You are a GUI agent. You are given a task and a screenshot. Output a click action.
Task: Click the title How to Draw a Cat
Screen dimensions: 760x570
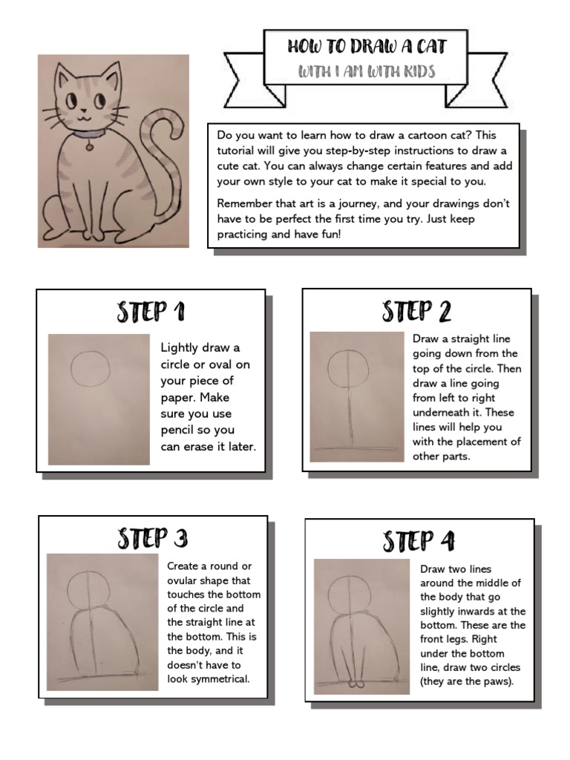[367, 47]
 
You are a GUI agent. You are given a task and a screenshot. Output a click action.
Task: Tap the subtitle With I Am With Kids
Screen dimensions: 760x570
[367, 72]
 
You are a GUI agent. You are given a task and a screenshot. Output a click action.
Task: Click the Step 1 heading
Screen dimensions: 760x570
[151, 312]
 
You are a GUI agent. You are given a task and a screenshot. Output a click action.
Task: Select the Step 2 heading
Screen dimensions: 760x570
[416, 312]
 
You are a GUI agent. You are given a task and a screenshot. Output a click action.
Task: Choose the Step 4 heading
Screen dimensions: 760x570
[419, 541]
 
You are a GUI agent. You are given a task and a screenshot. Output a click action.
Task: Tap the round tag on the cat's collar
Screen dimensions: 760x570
[90, 147]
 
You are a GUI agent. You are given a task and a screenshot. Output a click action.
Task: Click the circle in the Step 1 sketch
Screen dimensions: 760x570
[91, 367]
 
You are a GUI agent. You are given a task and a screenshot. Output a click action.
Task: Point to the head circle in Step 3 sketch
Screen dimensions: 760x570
[88, 591]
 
